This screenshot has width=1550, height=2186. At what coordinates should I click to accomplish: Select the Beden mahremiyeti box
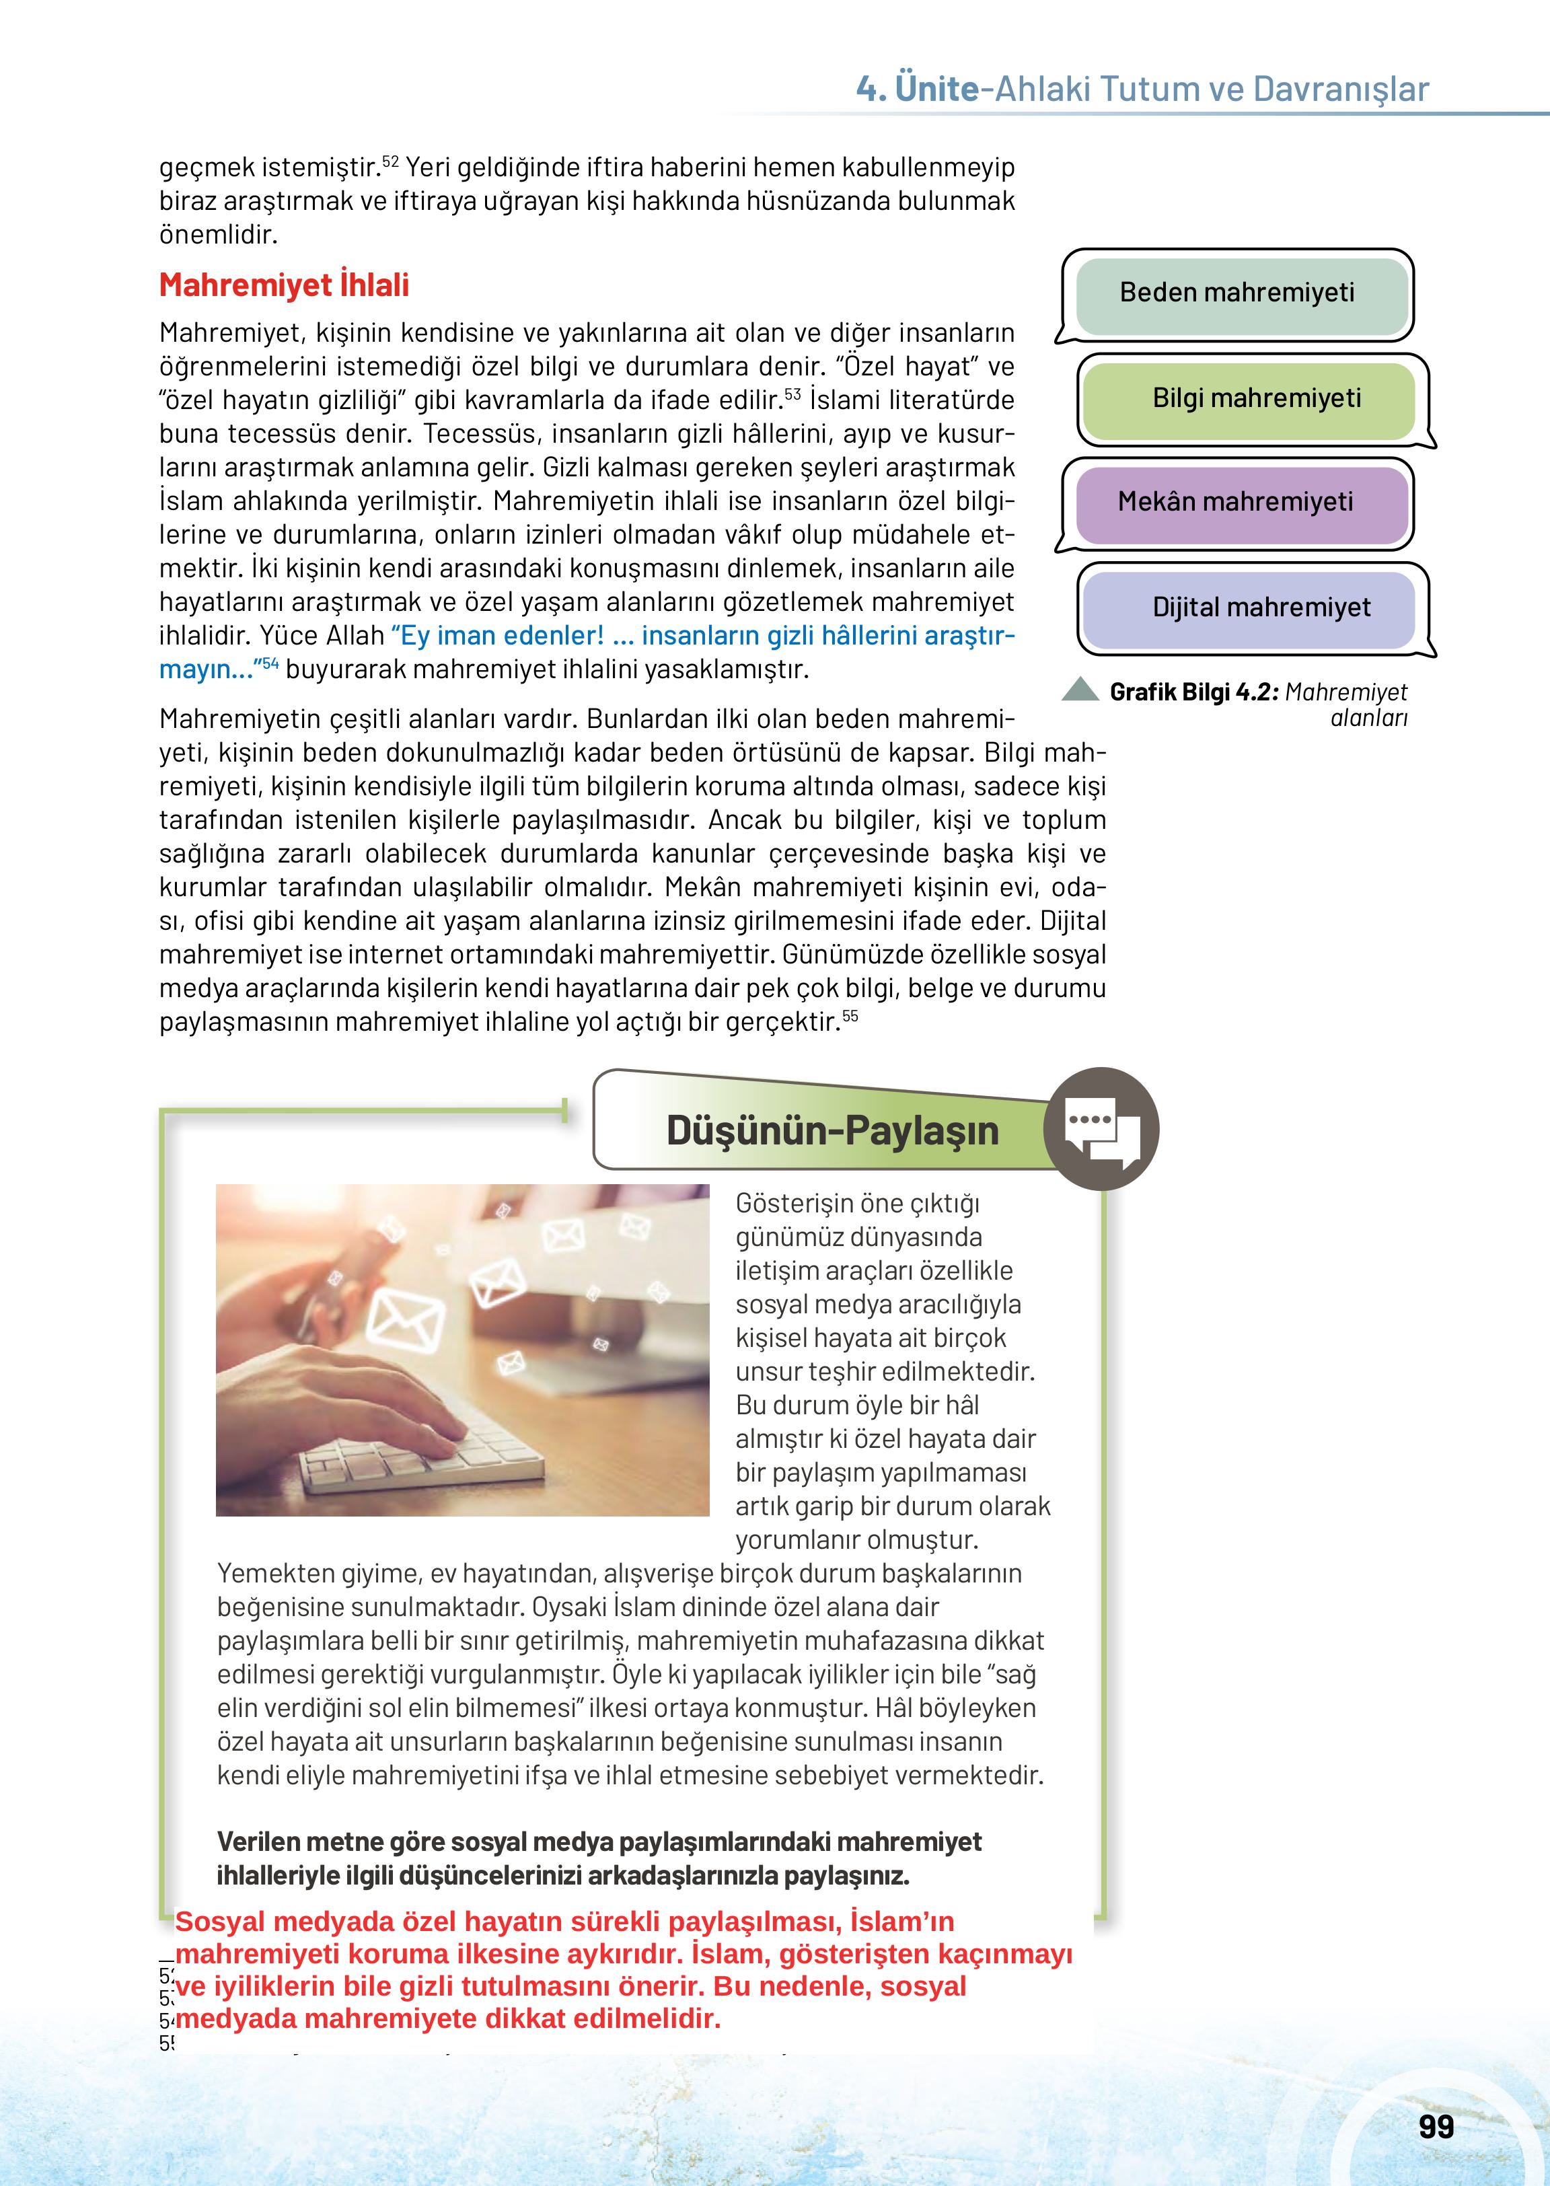1237,293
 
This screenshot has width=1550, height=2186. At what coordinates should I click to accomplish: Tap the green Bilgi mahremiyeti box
1256,399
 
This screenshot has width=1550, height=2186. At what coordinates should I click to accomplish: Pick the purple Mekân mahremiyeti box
1237,502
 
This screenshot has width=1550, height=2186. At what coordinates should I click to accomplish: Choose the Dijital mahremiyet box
1260,607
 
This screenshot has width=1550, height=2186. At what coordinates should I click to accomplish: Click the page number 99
1436,2127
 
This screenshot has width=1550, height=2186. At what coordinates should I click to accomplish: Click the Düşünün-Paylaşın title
832,1130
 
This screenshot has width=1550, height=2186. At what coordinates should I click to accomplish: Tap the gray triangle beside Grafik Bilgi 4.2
1080,689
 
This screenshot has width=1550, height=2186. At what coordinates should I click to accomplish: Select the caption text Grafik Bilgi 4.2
1193,692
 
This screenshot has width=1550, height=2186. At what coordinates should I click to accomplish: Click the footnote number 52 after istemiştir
390,160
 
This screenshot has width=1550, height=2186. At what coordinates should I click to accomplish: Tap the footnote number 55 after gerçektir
850,1016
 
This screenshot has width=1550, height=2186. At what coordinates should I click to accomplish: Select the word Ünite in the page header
937,89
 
